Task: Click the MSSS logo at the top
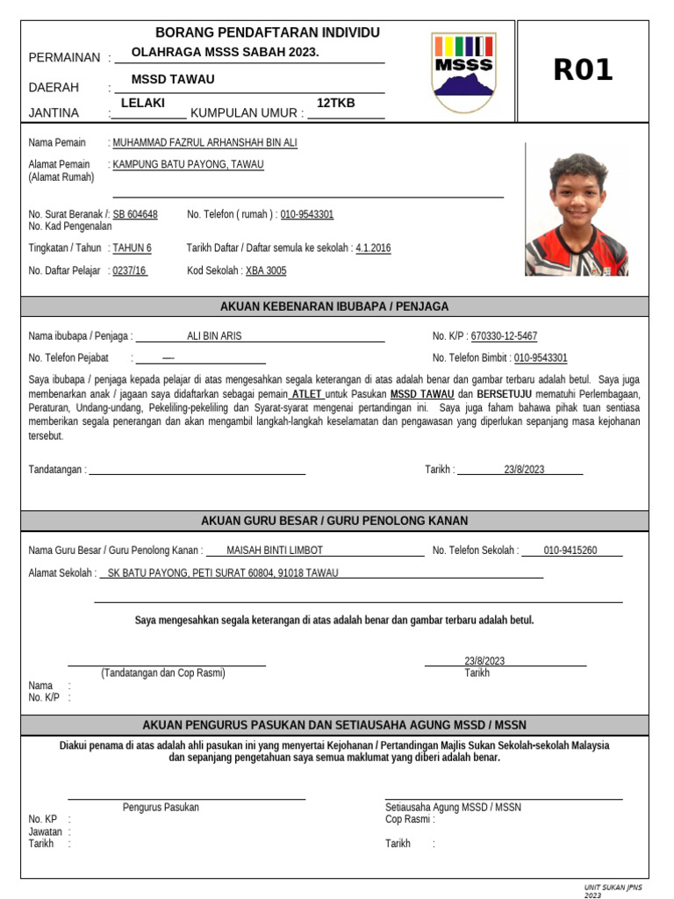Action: point(463,72)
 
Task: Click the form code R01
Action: point(583,70)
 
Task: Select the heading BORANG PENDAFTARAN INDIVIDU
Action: point(268,32)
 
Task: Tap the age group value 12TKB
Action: point(335,103)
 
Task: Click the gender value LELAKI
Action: point(143,103)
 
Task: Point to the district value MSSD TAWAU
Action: point(173,79)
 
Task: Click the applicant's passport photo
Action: point(577,215)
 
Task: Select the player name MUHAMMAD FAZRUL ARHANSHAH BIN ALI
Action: point(205,142)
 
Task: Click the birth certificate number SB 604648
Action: point(135,214)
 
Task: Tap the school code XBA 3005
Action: point(266,271)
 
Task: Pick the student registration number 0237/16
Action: point(130,271)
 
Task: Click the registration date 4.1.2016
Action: point(373,248)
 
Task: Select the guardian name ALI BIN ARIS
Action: point(214,336)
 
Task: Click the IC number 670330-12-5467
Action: point(504,336)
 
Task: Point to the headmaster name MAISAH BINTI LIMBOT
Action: point(275,550)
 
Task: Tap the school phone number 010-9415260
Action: point(570,550)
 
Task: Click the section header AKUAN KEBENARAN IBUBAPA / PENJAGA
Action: point(334,306)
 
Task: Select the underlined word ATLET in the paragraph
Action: point(306,394)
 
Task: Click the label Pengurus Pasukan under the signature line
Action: point(161,807)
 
